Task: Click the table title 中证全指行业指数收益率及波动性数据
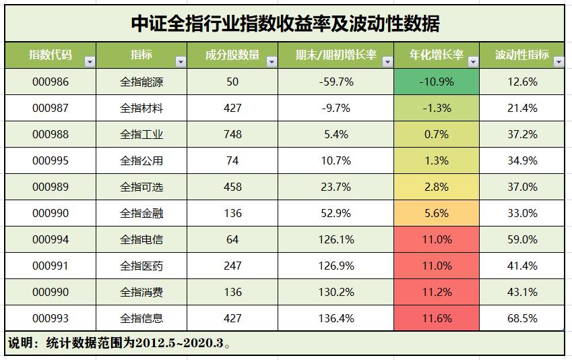[285, 24]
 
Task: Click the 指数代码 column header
[50, 55]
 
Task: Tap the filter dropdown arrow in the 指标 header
[180, 62]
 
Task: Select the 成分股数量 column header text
[232, 55]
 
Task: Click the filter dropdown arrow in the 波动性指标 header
[558, 62]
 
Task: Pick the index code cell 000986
[50, 82]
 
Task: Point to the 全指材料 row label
[141, 108]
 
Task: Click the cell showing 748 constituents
[232, 134]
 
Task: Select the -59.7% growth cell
[336, 82]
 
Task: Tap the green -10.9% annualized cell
[436, 82]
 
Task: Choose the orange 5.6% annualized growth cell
[436, 213]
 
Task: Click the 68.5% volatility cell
[522, 318]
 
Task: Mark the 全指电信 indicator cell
[141, 239]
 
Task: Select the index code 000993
[50, 318]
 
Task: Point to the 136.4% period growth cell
[336, 318]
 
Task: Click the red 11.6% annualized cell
[436, 318]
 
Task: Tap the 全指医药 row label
[141, 266]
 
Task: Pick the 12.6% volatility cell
[522, 82]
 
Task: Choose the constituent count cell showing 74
[232, 160]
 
